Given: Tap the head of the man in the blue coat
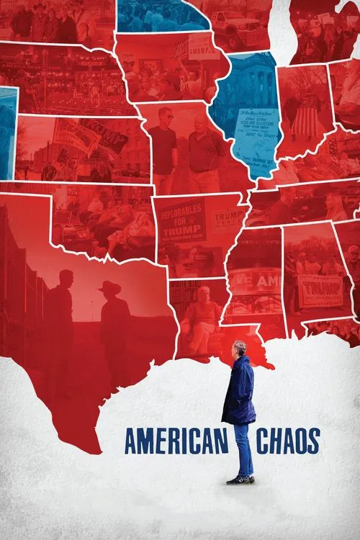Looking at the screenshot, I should click(240, 349).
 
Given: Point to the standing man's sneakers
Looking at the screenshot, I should click(240, 480).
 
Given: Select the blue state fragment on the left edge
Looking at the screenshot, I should click(6, 122).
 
